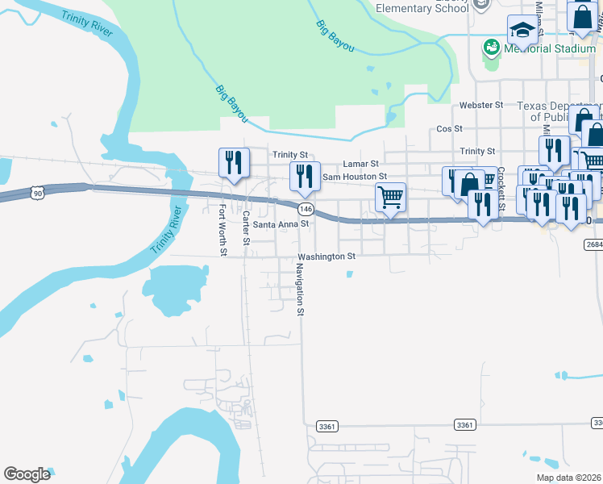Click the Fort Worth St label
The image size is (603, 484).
point(223,230)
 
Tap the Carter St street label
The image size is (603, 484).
point(246,228)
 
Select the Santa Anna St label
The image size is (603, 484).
point(281,224)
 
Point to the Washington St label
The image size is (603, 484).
point(326,257)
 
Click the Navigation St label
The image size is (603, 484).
point(299,289)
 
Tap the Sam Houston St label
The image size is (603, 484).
point(355,176)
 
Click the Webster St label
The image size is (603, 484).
point(480,106)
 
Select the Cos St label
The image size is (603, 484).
point(449,128)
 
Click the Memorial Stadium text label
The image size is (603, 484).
point(550,49)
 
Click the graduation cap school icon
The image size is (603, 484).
point(522,31)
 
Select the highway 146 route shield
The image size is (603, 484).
point(305,209)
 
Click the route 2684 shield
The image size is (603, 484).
point(593,244)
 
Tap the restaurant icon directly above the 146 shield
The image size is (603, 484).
point(305,176)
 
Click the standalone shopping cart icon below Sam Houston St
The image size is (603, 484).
point(390,196)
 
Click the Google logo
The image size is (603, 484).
point(27,474)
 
